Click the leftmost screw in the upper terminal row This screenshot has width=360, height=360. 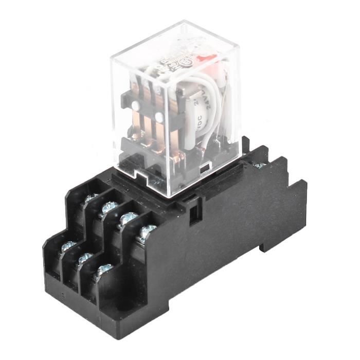(x=91, y=198)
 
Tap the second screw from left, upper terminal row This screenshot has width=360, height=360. (x=110, y=208)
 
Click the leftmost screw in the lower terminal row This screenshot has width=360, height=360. (x=68, y=247)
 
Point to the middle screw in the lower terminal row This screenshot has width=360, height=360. (x=85, y=257)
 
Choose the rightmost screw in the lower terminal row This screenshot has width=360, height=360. (x=104, y=268)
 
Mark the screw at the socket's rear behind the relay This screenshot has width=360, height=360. (x=260, y=166)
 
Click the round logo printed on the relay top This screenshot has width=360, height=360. (x=174, y=62)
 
